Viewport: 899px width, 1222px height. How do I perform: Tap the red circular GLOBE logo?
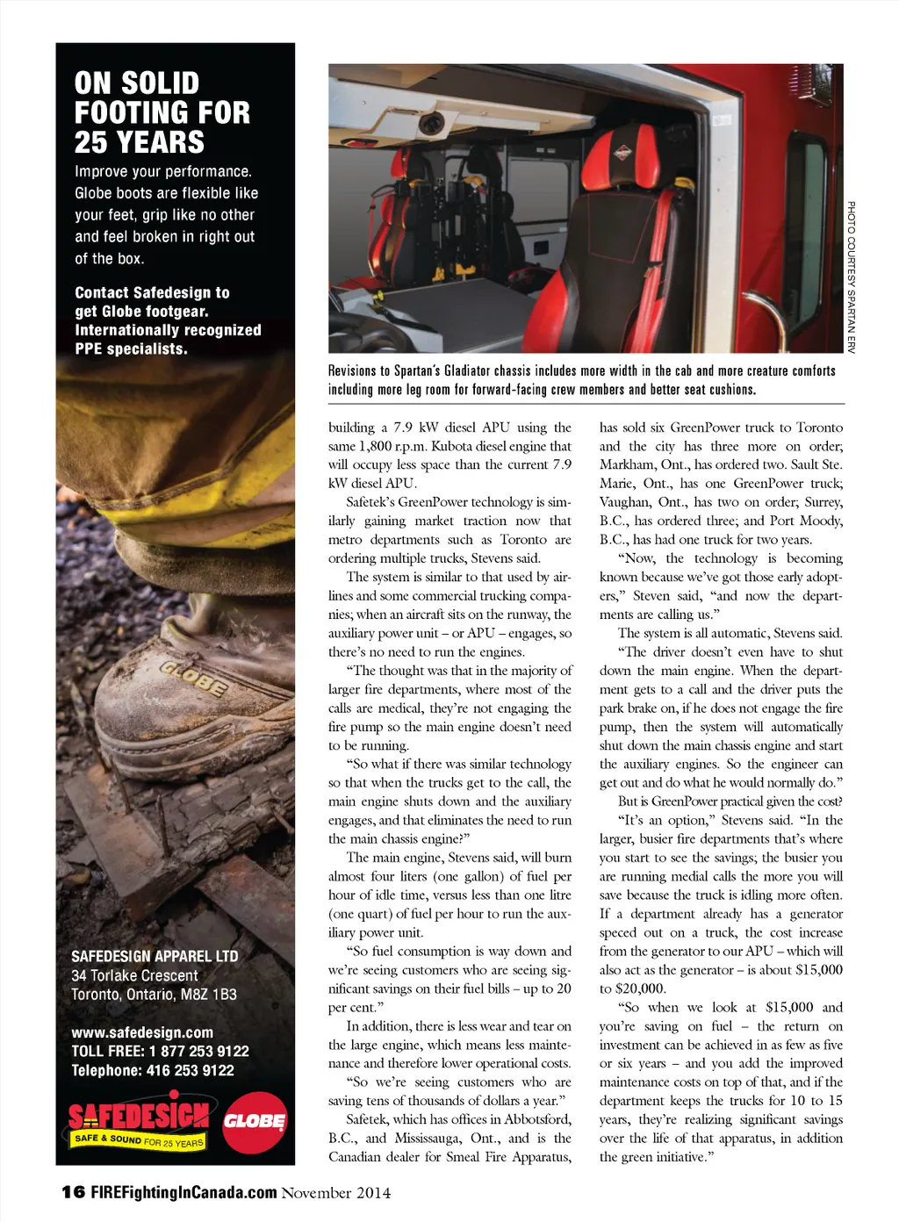255,1122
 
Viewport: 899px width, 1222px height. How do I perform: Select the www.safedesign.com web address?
142,1032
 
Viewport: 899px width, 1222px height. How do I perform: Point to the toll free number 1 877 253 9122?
198,1051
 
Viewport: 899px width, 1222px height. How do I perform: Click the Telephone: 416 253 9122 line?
153,1070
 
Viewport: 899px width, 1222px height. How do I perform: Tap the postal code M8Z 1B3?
212,994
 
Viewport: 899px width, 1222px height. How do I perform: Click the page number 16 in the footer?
73,1191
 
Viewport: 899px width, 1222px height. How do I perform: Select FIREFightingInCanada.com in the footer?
183,1192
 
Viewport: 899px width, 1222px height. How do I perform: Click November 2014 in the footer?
335,1192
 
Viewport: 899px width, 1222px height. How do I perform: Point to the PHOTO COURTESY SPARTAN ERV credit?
851,277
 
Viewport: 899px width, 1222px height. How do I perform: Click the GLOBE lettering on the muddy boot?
193,678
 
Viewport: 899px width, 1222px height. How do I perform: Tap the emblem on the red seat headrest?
622,152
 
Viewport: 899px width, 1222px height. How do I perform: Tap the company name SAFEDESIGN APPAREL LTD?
155,956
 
